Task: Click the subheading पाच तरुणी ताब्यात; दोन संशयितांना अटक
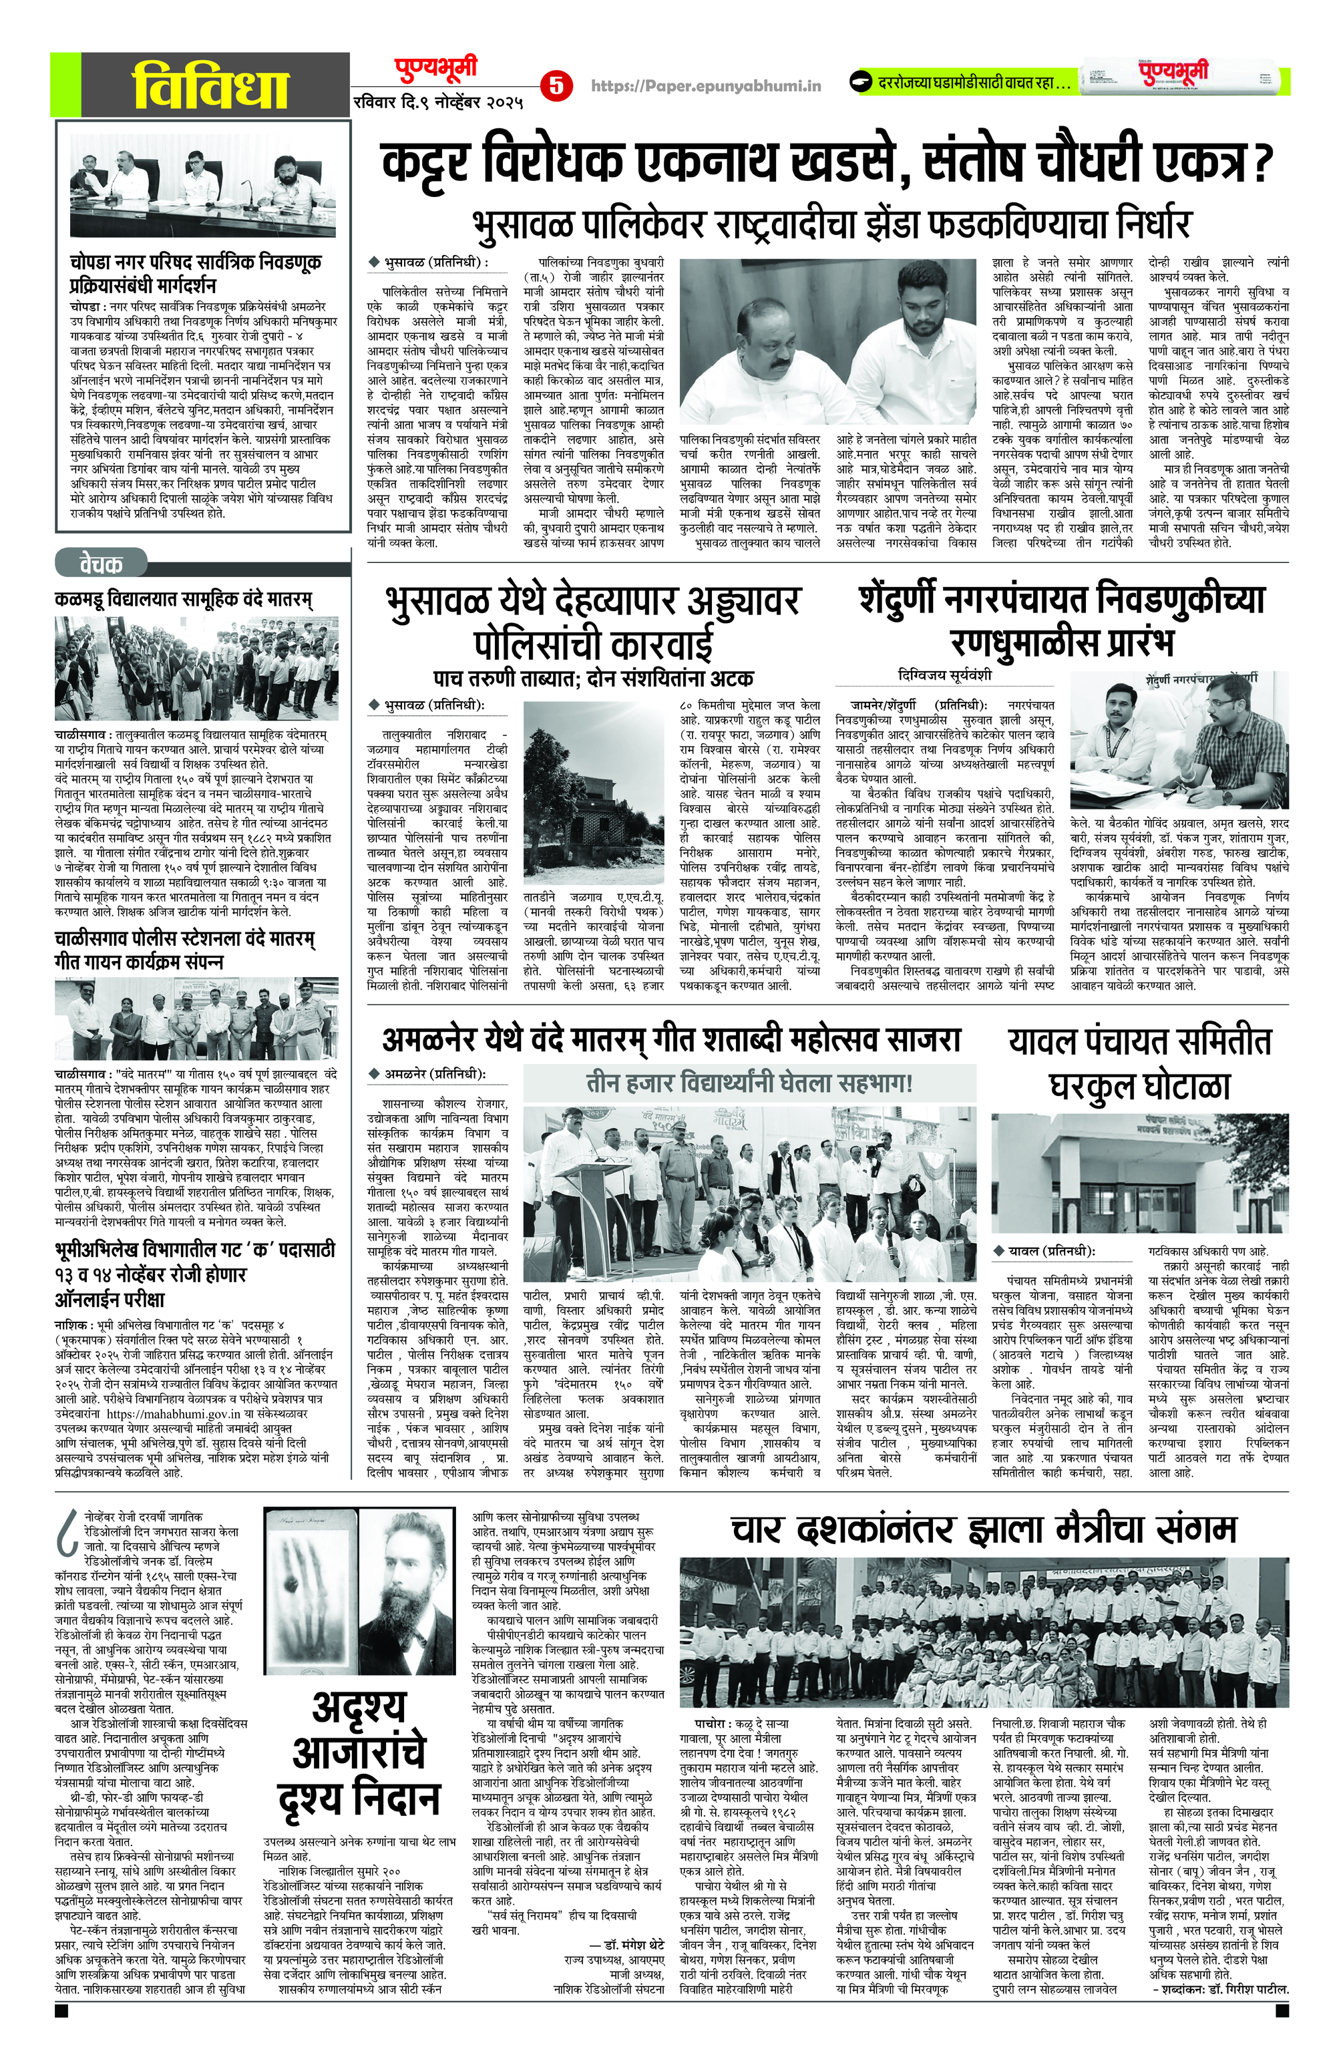pyautogui.click(x=593, y=677)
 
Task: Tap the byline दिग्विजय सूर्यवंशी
pyautogui.click(x=944, y=675)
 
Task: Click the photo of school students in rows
pyautogui.click(x=196, y=669)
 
